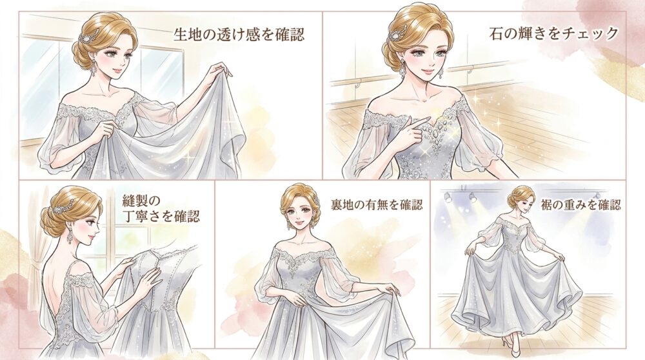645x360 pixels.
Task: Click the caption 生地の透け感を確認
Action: (x=239, y=35)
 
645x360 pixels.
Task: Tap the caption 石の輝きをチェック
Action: (x=553, y=33)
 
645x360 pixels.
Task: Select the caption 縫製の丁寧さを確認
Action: (x=161, y=208)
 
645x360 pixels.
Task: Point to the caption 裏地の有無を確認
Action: (x=377, y=205)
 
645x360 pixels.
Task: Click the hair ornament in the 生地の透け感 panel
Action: (x=88, y=35)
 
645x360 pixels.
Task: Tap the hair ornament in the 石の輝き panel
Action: (x=397, y=32)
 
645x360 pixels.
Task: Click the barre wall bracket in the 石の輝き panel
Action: (x=357, y=83)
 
